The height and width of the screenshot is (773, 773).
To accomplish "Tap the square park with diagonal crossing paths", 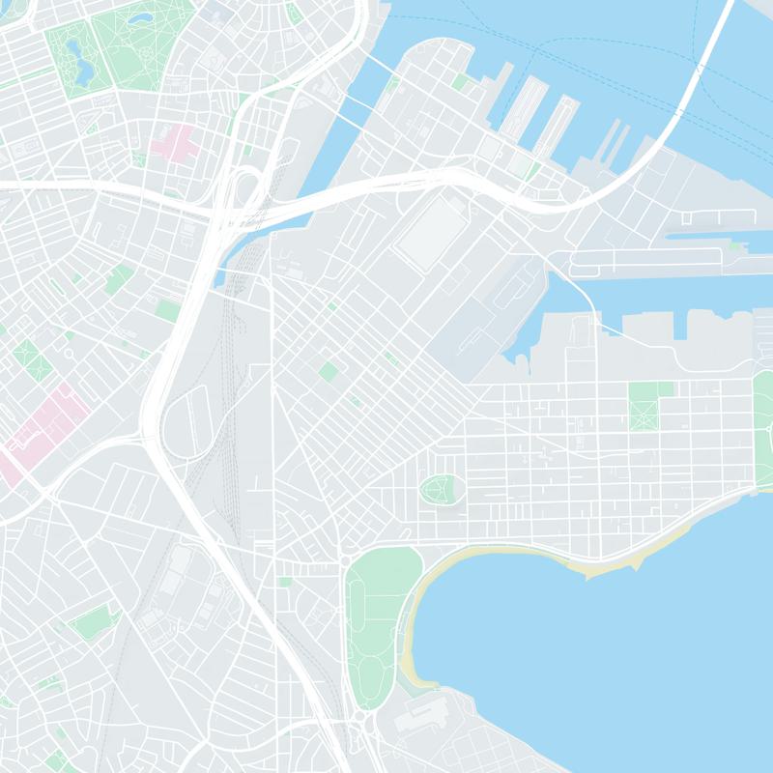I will point(644,407).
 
